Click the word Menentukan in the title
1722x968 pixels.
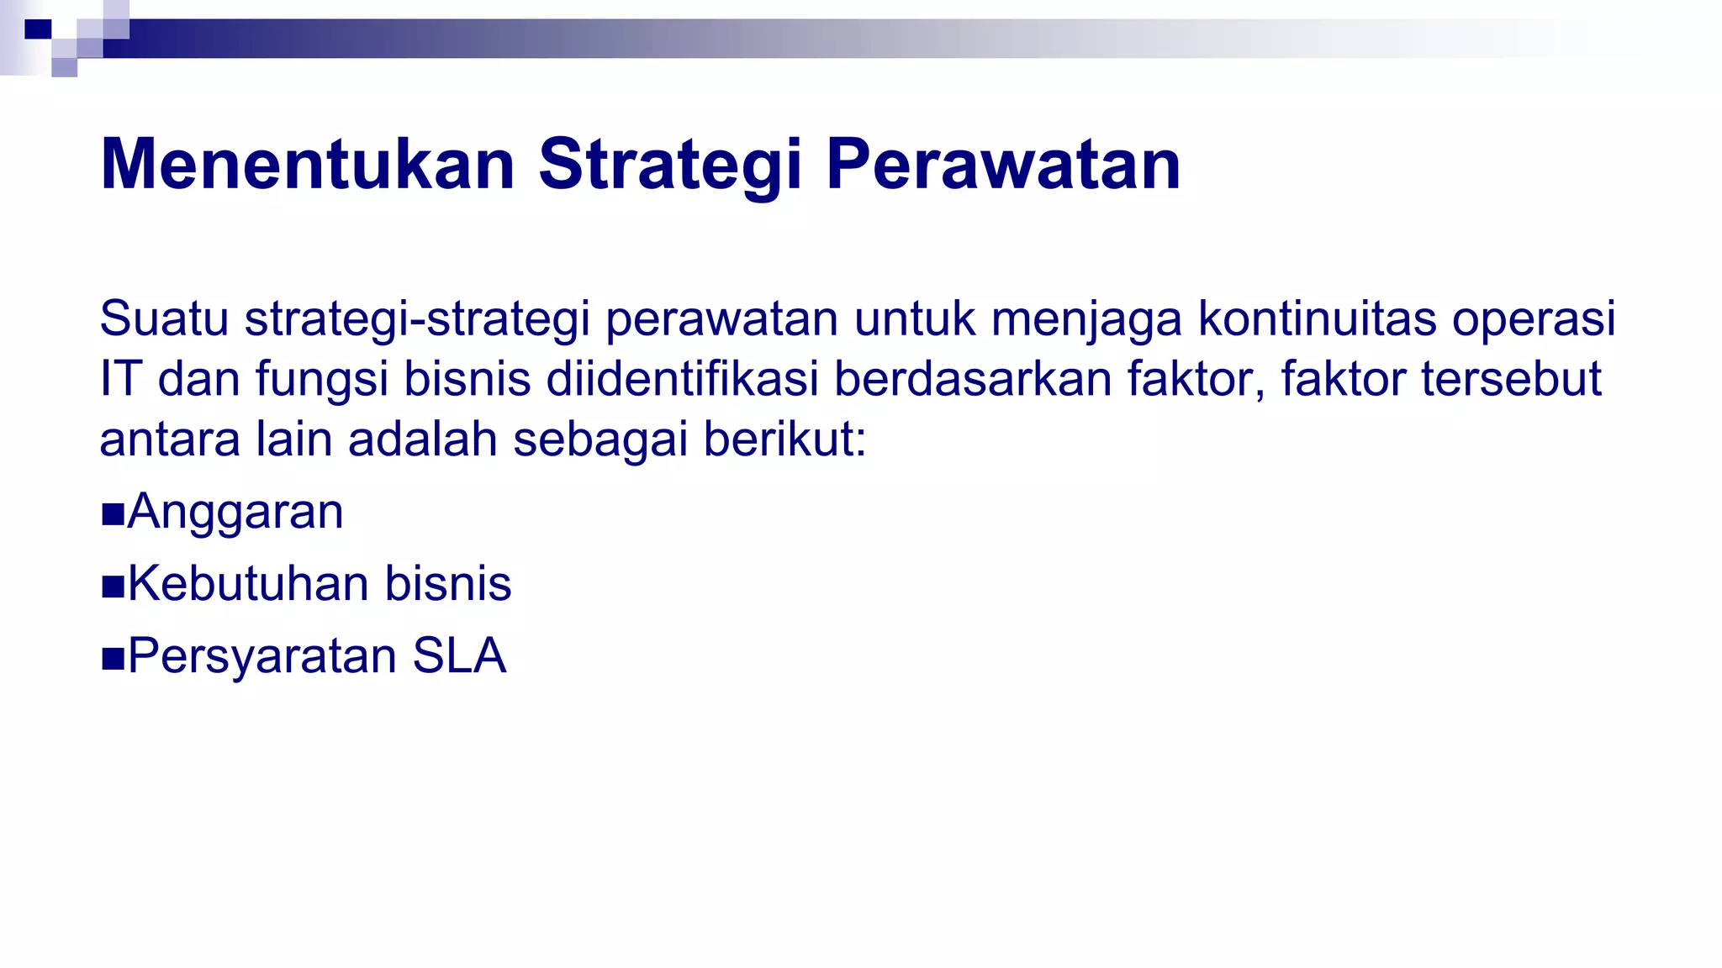coord(307,165)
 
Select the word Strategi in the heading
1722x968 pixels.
coord(670,166)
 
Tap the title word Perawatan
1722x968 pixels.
coord(1003,165)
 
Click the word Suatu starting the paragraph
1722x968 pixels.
coord(164,319)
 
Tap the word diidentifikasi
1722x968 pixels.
coord(683,379)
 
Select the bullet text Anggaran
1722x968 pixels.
coord(235,512)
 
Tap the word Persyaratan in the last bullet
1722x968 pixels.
coord(261,656)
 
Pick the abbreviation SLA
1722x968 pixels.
coord(459,656)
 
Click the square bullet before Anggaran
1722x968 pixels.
coord(113,514)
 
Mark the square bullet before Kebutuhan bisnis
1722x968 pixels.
coord(113,587)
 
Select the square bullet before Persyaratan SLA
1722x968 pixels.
coord(113,659)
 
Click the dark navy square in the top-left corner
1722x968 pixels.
coord(38,30)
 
